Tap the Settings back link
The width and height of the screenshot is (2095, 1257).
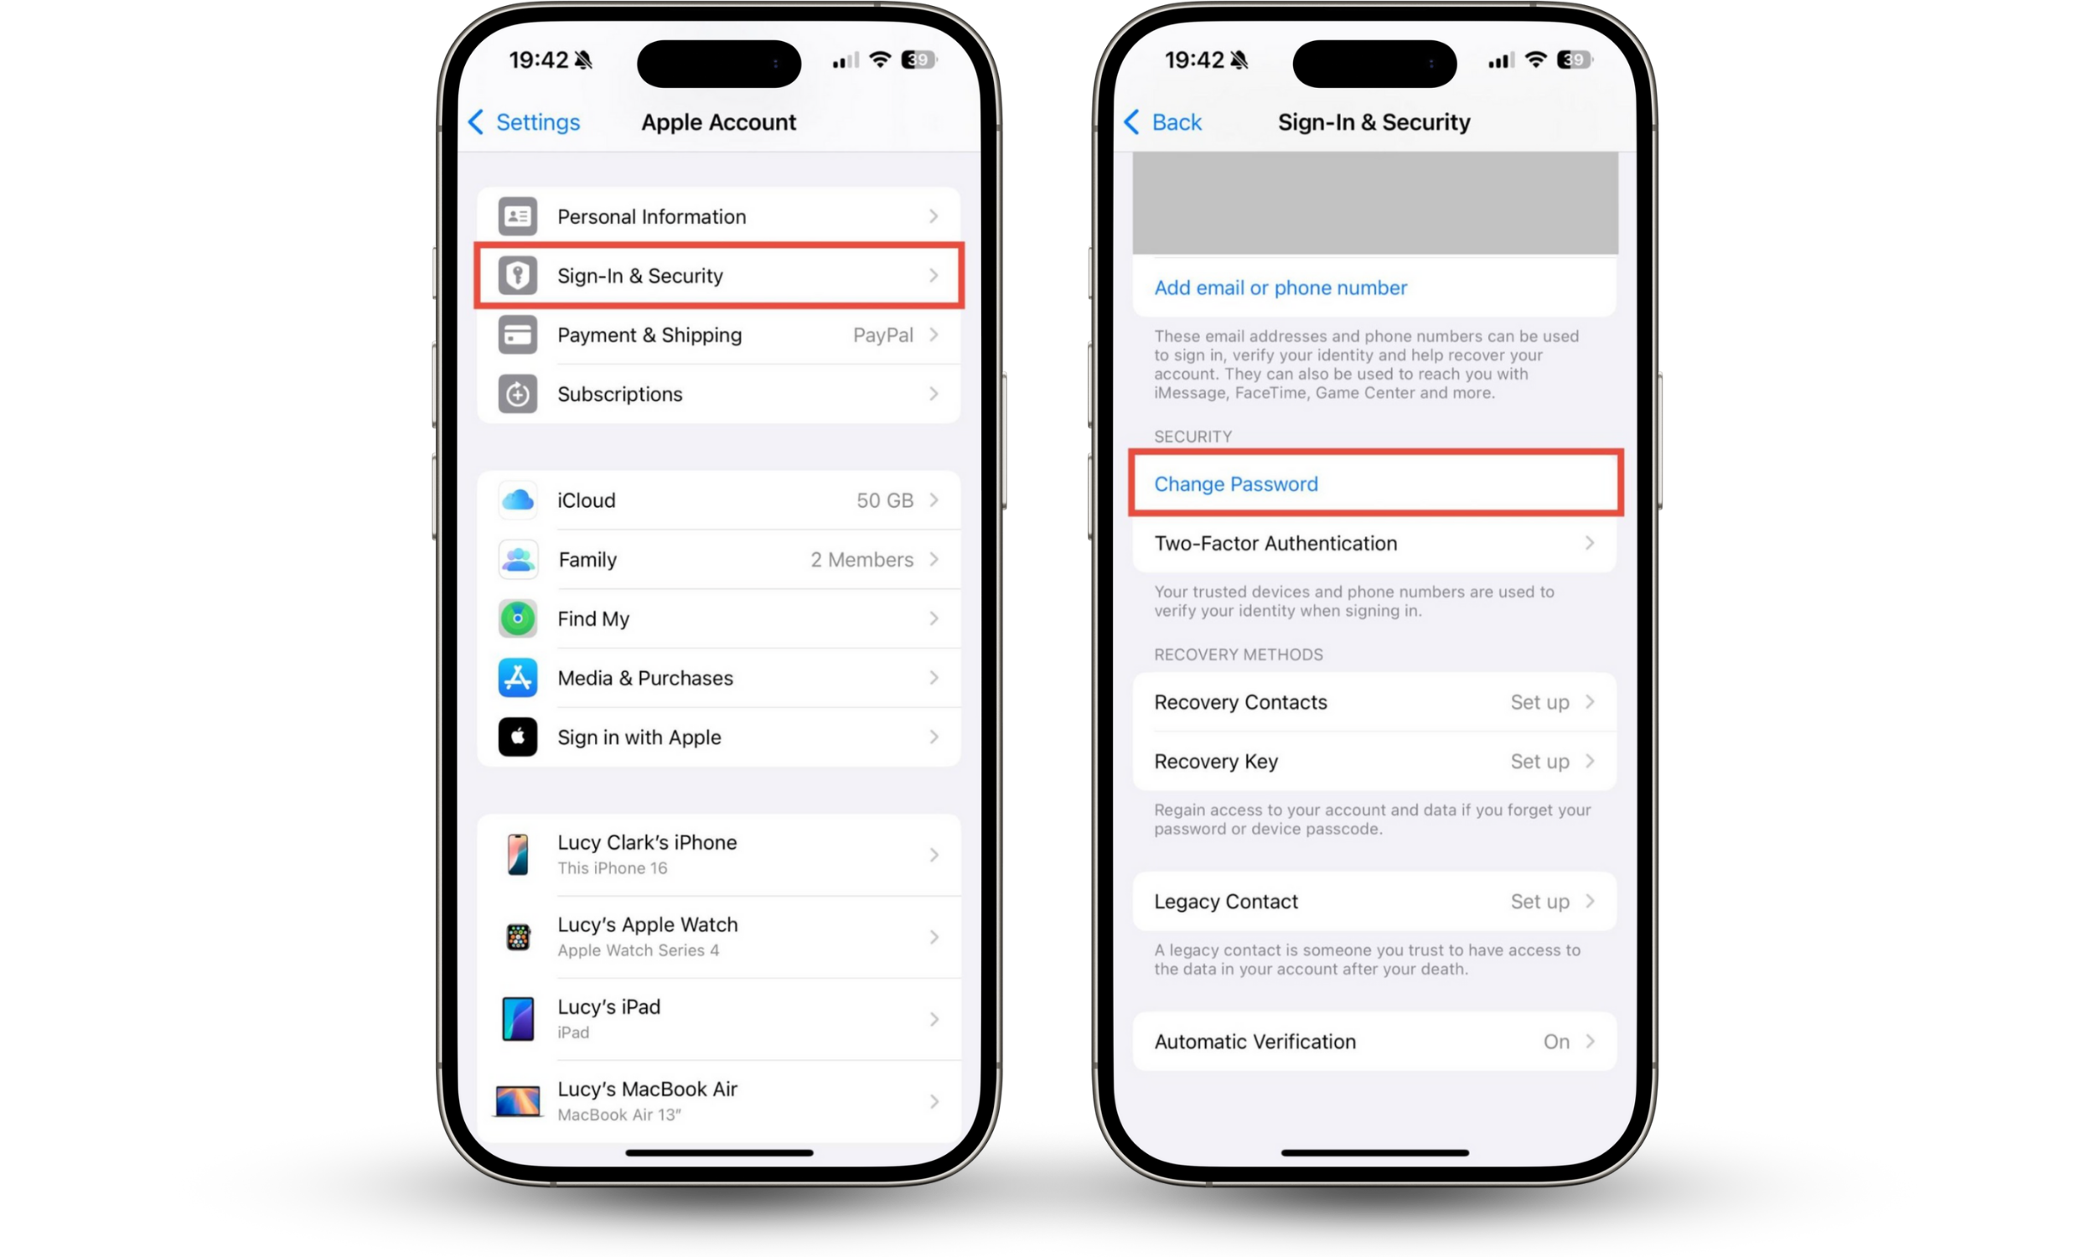pos(525,122)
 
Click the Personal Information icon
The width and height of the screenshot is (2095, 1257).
pos(517,216)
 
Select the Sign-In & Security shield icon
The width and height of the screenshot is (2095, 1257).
pos(517,276)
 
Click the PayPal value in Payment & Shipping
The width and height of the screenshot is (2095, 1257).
pos(883,334)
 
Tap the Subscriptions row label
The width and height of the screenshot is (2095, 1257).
pos(620,394)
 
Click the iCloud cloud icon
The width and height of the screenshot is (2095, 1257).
pos(517,499)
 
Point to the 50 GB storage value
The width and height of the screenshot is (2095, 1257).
pos(885,499)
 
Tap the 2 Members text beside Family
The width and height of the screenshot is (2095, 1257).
pos(862,559)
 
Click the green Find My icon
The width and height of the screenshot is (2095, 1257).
pos(517,618)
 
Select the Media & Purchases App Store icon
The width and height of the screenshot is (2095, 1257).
pos(517,678)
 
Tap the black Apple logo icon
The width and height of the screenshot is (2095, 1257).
pos(517,737)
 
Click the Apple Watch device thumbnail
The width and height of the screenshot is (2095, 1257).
pos(518,937)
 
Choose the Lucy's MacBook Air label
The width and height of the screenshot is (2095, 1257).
pos(648,1089)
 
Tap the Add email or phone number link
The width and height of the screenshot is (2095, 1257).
pos(1280,288)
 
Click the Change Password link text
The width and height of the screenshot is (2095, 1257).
pos(1236,484)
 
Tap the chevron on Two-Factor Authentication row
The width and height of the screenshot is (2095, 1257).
pos(1590,543)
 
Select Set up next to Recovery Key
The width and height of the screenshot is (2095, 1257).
pos(1539,762)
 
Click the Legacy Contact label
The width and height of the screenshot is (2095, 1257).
pos(1225,901)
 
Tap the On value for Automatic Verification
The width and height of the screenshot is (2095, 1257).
pos(1556,1041)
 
